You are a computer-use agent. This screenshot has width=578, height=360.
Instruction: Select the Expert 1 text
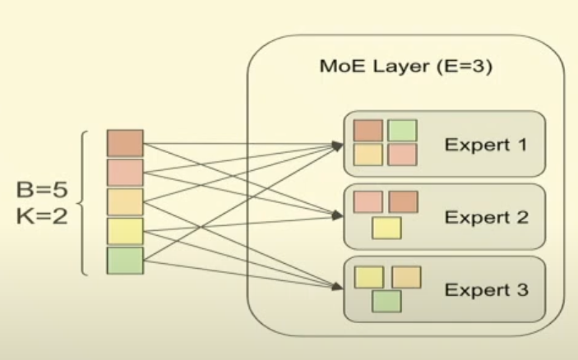tap(485, 145)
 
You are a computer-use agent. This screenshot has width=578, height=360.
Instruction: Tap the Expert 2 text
tap(485, 218)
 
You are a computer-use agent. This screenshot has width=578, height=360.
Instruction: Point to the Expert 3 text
tap(485, 290)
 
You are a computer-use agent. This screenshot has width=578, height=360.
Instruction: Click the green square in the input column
tap(125, 261)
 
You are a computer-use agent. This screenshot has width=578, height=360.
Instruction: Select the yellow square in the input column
tap(125, 232)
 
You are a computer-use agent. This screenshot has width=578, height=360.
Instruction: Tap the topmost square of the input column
tap(125, 143)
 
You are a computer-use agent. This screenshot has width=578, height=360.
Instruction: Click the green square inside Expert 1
tap(402, 130)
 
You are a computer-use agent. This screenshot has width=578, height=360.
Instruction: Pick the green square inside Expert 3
tap(386, 302)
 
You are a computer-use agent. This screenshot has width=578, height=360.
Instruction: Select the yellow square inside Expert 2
tap(386, 228)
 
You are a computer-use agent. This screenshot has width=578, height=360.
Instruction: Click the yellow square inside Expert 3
tap(369, 277)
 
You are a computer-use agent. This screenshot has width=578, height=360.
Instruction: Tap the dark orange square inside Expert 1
tap(369, 130)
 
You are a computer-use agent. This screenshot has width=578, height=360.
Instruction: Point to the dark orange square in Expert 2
tap(403, 202)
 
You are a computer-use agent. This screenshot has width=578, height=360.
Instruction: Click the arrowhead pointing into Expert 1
tap(338, 145)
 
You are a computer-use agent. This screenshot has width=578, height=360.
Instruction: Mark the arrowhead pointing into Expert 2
tap(338, 218)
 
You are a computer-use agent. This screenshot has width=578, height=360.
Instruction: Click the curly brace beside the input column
tap(85, 202)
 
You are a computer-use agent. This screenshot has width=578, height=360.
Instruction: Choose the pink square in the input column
tap(125, 173)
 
